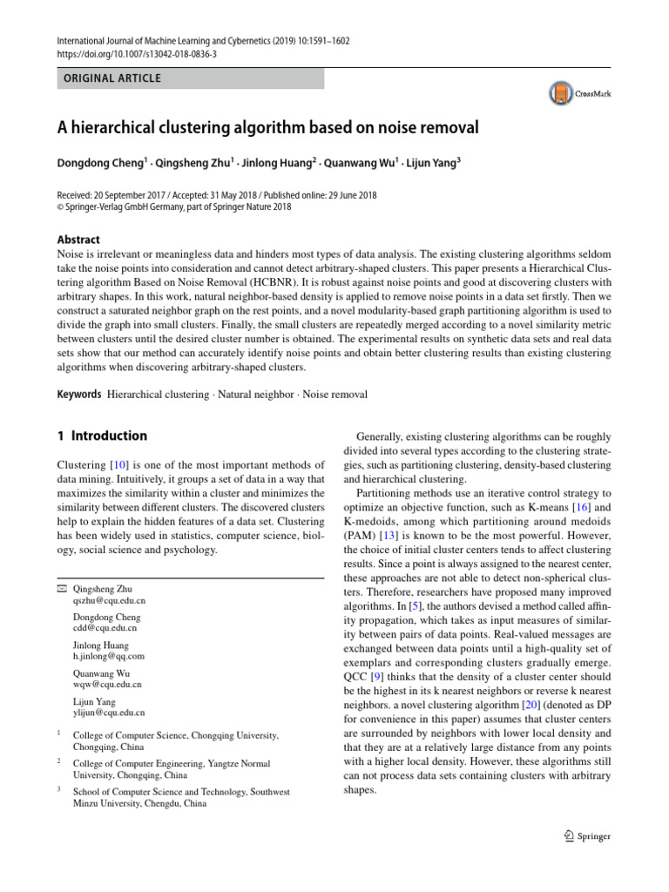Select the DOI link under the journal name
pyautogui.click(x=138, y=53)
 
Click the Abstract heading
pyautogui.click(x=78, y=240)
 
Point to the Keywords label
pyautogui.click(x=78, y=395)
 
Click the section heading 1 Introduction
pyautogui.click(x=101, y=436)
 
